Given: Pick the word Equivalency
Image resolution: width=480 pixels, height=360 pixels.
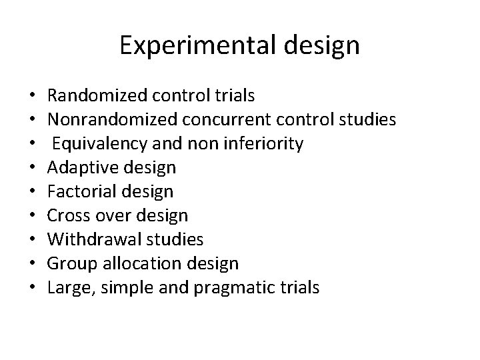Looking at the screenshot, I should click(96, 144).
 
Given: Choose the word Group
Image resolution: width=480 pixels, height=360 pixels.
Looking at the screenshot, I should click(70, 264).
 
